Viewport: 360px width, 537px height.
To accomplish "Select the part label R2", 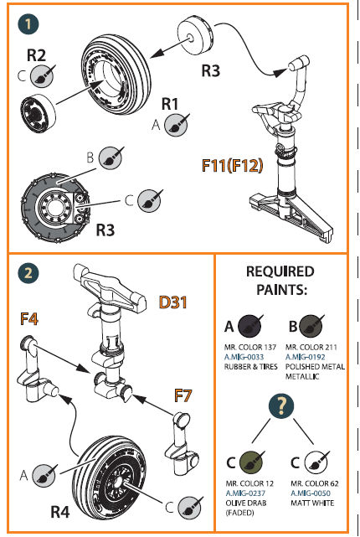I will [x=37, y=57].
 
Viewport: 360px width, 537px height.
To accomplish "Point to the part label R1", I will [x=171, y=105].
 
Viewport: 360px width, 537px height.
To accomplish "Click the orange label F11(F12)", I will [x=232, y=164].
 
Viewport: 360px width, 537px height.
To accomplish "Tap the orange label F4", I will [x=30, y=318].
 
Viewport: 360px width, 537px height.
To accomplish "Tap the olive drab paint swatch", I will [x=249, y=461].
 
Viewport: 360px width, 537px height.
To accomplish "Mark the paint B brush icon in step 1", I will [x=109, y=157].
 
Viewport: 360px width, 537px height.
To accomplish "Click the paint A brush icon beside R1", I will [x=176, y=125].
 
